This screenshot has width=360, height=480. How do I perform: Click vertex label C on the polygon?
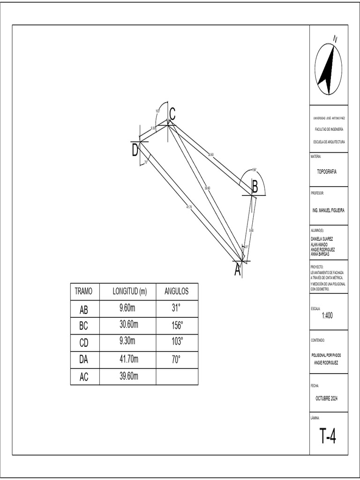(172, 113)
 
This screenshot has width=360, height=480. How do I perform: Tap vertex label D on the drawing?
(135, 150)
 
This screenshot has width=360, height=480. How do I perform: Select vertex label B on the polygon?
(255, 187)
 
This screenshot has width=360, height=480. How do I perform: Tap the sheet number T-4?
(328, 436)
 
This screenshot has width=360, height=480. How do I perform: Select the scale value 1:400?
(327, 315)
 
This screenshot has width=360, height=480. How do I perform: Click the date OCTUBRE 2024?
(327, 398)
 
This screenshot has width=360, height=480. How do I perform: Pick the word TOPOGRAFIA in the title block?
(326, 172)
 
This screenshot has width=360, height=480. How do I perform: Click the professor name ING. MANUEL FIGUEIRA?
(328, 210)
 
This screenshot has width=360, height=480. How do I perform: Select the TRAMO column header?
(84, 292)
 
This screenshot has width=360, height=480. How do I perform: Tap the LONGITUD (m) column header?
(129, 292)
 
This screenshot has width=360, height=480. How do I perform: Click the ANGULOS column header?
(176, 292)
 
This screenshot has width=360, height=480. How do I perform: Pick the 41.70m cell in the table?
(129, 360)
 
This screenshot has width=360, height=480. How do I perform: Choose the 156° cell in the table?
(176, 325)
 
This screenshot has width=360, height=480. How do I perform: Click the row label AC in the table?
(84, 376)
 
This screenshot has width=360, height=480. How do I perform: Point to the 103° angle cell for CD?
(176, 342)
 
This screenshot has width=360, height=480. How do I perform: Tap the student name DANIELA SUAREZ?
(322, 239)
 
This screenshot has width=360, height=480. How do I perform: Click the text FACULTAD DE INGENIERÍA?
(329, 129)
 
